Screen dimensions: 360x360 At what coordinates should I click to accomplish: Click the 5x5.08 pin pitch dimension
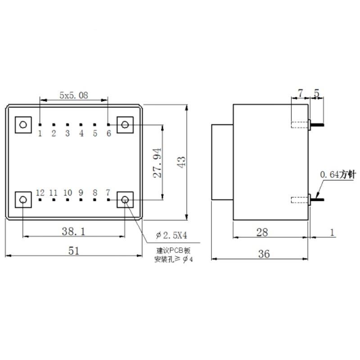tap(74, 95)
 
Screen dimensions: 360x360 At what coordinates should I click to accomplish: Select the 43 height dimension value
tap(181, 162)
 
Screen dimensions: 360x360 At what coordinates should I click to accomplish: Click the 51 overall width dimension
tap(74, 250)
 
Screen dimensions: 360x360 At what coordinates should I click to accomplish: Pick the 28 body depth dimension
tap(262, 232)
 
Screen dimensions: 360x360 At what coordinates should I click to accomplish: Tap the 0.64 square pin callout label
tap(336, 174)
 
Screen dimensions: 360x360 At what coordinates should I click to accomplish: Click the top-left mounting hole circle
tap(23, 124)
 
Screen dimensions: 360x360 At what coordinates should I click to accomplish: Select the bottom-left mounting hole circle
tap(23, 199)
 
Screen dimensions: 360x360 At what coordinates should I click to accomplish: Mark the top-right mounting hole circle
tap(126, 124)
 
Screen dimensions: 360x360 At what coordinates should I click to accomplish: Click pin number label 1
tap(40, 133)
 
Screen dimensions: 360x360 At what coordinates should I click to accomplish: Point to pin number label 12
tap(40, 193)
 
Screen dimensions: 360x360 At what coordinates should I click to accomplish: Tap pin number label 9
tap(81, 193)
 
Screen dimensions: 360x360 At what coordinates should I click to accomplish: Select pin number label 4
tap(81, 133)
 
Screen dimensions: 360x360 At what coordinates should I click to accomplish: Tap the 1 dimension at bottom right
tap(332, 232)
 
